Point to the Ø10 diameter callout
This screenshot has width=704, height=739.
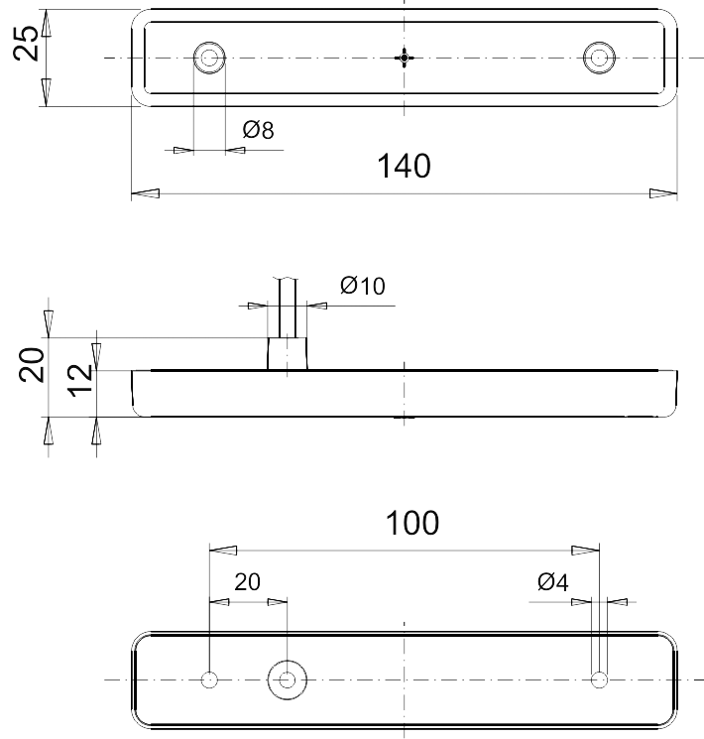[x=363, y=286]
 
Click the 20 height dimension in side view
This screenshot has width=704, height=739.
[x=32, y=365]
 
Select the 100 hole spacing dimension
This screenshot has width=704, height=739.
[x=413, y=523]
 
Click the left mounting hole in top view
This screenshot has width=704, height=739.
[x=209, y=58]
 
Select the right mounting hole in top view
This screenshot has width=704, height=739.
[x=598, y=58]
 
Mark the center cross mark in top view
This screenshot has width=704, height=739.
[x=404, y=58]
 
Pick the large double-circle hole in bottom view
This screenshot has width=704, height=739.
[x=288, y=679]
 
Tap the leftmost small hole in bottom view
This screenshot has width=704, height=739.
[x=209, y=679]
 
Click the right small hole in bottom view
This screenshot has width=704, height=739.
[x=598, y=679]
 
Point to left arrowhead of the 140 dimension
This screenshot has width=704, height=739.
[x=145, y=193]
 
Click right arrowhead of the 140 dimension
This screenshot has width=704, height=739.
[x=664, y=193]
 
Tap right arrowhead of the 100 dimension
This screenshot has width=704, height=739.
[x=587, y=549]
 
